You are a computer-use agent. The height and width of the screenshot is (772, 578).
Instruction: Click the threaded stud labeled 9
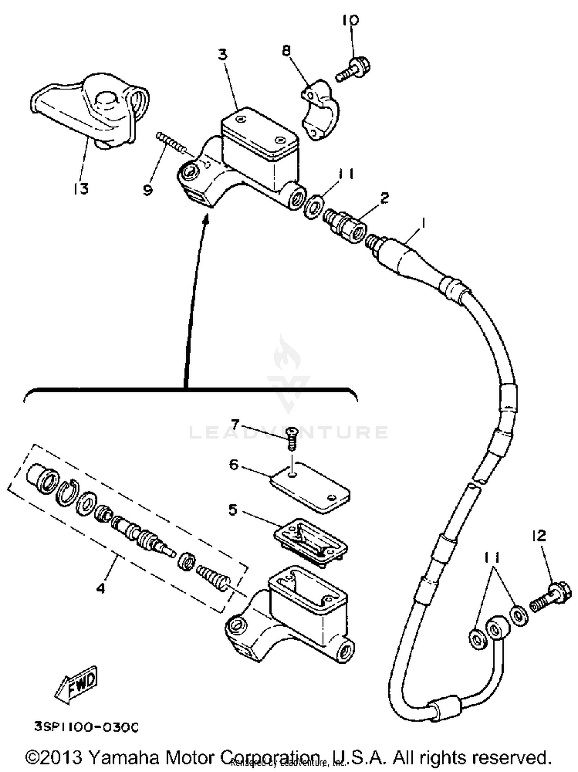(171, 142)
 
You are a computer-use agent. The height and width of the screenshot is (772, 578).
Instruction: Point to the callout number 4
(101, 588)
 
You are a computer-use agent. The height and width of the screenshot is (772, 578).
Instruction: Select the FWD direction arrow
(77, 685)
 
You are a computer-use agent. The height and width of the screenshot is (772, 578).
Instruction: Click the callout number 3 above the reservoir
(223, 55)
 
